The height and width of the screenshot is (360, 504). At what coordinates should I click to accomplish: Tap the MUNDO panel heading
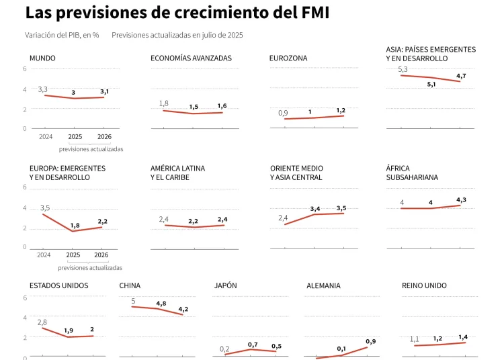(x=42, y=58)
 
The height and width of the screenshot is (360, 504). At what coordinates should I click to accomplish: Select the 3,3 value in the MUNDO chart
(x=42, y=89)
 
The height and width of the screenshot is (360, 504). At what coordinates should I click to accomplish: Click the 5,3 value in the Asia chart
(x=403, y=69)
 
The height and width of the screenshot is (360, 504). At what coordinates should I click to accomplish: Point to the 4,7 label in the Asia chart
(x=461, y=76)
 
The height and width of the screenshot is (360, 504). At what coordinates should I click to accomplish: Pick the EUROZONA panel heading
(x=288, y=58)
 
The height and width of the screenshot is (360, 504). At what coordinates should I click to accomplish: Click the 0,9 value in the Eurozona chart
(x=283, y=113)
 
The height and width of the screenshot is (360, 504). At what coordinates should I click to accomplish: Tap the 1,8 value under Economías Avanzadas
(x=163, y=103)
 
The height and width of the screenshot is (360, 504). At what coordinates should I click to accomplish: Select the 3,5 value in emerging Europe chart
(x=45, y=208)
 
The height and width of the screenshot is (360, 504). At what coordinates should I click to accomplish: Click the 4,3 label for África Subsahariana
(x=461, y=200)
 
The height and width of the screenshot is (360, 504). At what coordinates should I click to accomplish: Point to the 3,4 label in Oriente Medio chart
(x=315, y=209)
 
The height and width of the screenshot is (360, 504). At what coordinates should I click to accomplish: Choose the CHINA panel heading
(x=130, y=285)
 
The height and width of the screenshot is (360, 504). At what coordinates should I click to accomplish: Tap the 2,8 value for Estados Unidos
(x=42, y=322)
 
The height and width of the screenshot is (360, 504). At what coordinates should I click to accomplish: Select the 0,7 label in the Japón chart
(x=253, y=344)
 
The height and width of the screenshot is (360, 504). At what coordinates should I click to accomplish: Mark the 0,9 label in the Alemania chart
(x=370, y=342)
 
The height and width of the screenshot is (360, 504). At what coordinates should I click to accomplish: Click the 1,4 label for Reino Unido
(x=463, y=336)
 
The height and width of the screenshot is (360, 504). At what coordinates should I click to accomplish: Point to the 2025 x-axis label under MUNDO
(x=74, y=137)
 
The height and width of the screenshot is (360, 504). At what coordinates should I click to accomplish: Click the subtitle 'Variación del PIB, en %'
(x=62, y=35)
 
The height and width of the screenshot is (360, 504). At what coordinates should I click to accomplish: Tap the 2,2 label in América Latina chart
(x=193, y=221)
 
